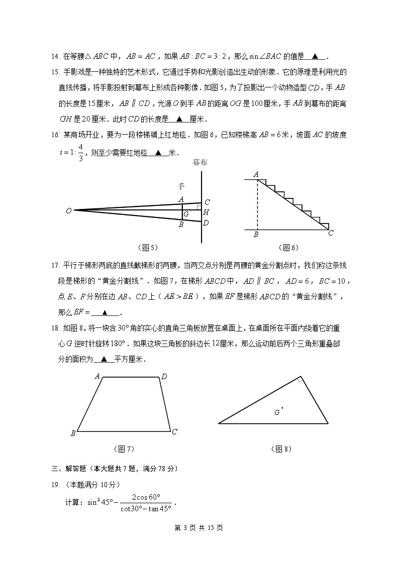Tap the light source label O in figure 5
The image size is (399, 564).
coord(68,211)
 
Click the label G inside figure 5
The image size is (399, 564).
coord(186,214)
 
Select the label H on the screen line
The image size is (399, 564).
coord(206,212)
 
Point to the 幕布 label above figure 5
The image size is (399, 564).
coord(199,162)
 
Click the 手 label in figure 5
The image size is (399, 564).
coord(181,186)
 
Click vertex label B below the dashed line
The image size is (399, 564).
coord(256,235)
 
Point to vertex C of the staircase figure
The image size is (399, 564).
coord(331,233)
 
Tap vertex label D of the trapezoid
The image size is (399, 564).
coord(164,376)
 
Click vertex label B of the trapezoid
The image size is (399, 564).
coord(73,433)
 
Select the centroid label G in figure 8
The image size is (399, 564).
coord(276,412)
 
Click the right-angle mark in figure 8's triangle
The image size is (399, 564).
coord(300,380)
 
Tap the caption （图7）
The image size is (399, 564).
coord(124,448)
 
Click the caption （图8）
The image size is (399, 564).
coord(281,448)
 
